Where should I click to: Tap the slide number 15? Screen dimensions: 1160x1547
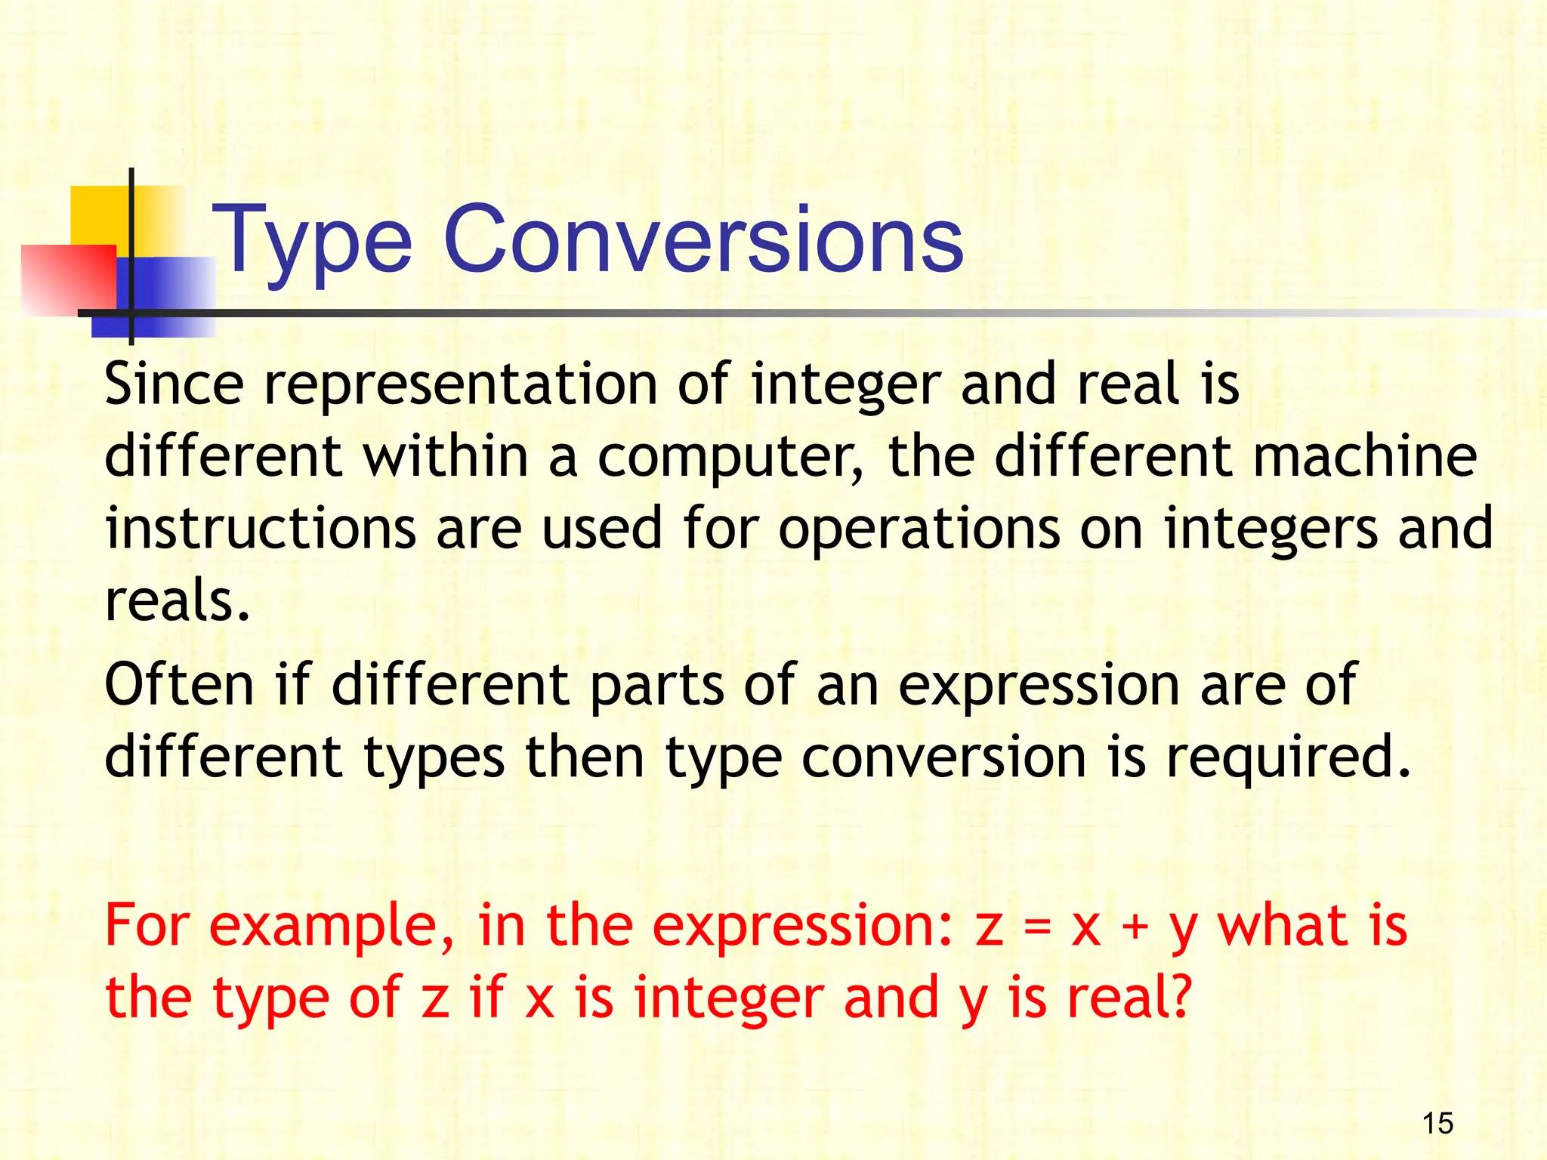1437,1123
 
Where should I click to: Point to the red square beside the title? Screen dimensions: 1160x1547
68,279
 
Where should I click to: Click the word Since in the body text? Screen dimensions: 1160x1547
174,384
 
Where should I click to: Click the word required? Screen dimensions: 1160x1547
1288,758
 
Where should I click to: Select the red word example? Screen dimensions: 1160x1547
331,927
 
